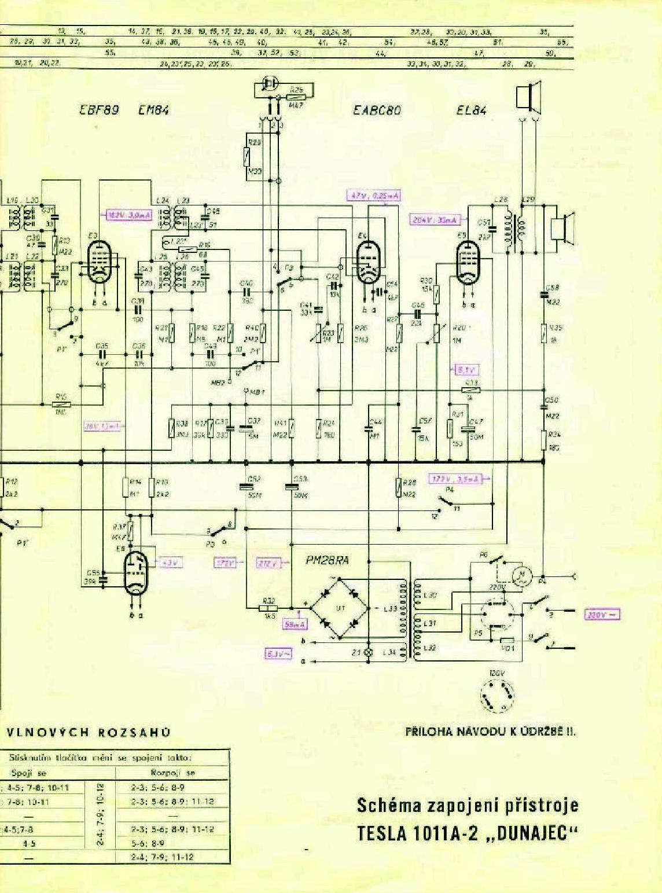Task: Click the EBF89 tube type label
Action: (x=99, y=110)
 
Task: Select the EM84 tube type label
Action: (x=154, y=110)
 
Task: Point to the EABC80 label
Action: (x=377, y=110)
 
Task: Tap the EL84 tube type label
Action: (x=472, y=110)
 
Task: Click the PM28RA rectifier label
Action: (x=327, y=561)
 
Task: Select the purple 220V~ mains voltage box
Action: (x=602, y=615)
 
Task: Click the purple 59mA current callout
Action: (x=295, y=624)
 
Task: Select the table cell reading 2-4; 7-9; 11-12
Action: (x=163, y=857)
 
